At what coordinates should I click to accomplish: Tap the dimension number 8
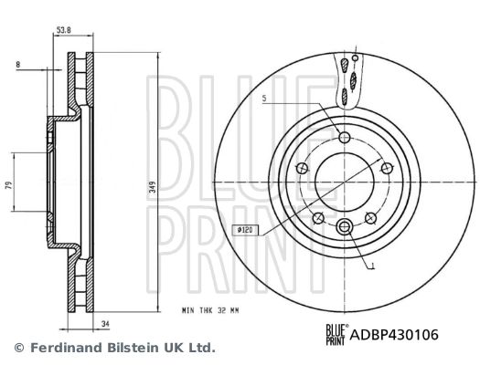(x=18, y=65)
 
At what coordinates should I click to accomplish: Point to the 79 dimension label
(x=9, y=185)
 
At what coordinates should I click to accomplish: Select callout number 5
(x=264, y=98)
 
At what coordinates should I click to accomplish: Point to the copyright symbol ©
(x=18, y=348)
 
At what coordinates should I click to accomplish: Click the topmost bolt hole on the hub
(x=344, y=138)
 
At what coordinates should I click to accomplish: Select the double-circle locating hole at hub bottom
(x=344, y=227)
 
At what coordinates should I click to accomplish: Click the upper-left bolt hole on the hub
(x=303, y=167)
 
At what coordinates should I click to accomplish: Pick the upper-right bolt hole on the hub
(x=385, y=167)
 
